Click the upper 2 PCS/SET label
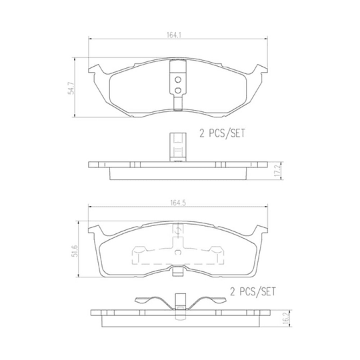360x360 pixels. click(x=222, y=133)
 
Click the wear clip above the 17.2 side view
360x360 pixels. click(x=177, y=149)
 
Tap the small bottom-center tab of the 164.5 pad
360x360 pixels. click(x=177, y=271)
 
